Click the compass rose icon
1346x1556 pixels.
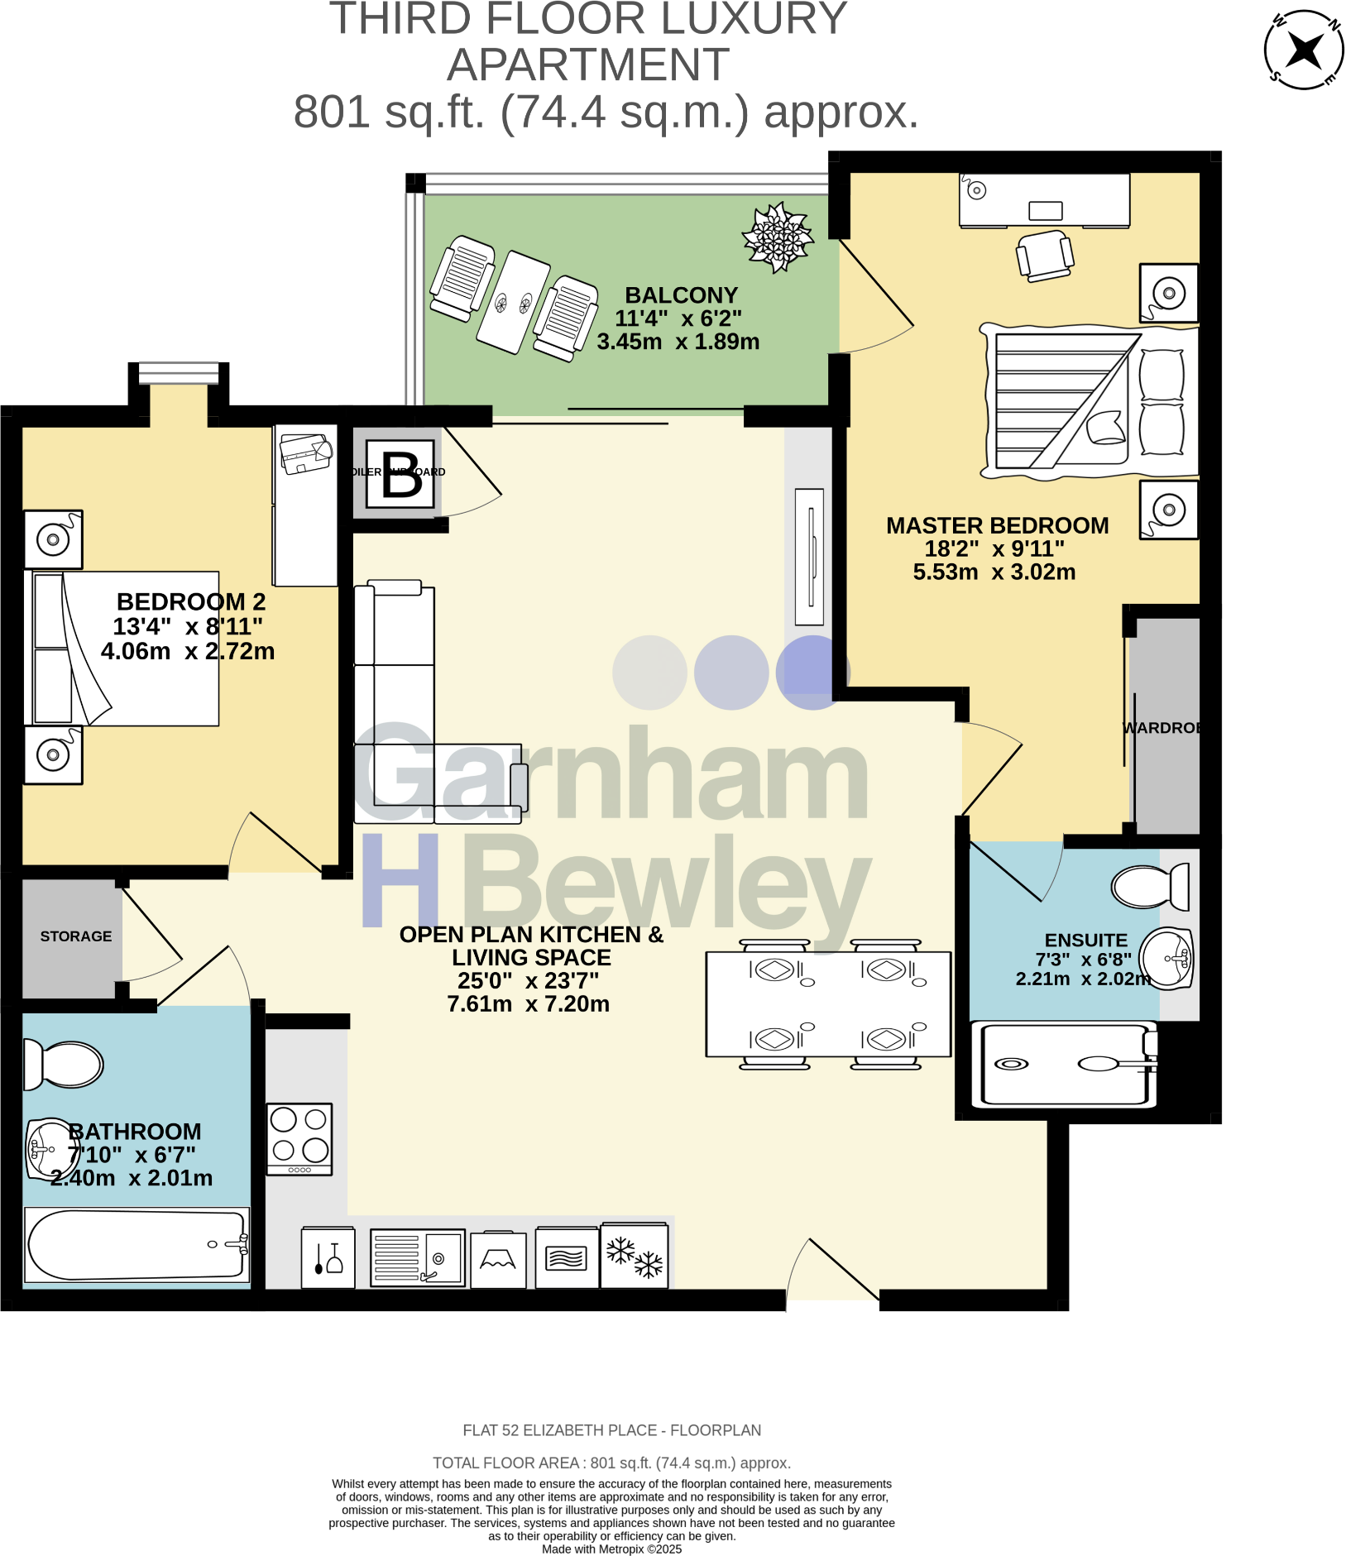(1304, 50)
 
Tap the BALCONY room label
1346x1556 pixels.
(681, 295)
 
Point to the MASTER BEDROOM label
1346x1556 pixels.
(997, 525)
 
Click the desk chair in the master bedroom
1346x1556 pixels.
(1046, 255)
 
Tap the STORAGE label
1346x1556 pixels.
(75, 936)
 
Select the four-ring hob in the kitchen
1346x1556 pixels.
(299, 1137)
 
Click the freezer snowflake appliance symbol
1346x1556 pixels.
(635, 1256)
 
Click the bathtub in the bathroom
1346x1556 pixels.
(137, 1245)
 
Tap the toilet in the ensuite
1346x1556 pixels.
(1150, 887)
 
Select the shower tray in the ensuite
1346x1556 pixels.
(1067, 1064)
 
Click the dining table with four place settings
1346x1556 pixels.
(828, 1004)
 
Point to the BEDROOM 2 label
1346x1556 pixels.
(191, 601)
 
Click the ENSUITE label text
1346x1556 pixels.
(1085, 940)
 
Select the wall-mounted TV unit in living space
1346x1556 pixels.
(809, 557)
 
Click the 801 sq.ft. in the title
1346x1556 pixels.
(389, 113)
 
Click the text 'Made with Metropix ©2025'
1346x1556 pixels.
(611, 1549)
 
